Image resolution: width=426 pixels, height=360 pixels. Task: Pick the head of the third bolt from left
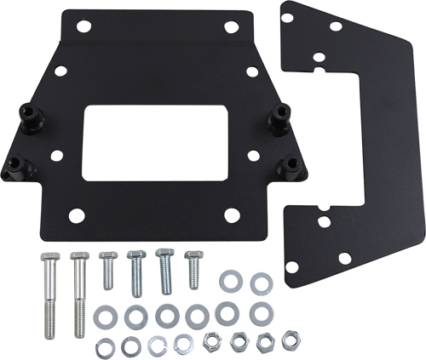106,255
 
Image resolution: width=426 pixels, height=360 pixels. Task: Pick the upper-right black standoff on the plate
279,119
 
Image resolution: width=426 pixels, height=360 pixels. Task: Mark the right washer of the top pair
258,282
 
